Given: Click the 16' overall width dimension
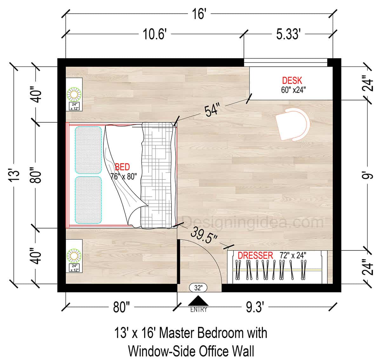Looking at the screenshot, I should (199, 14).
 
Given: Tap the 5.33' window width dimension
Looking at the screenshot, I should (288, 34).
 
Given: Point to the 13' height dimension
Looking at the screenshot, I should (15, 175).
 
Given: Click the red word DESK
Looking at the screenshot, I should (292, 80).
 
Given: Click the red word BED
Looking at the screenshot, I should (123, 167).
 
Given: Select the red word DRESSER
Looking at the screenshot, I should (255, 255).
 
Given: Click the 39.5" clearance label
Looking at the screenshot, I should (204, 236).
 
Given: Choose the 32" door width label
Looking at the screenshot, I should (198, 288).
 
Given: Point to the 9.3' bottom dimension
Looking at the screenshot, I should (255, 307).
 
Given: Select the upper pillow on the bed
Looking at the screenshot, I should (88, 150).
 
